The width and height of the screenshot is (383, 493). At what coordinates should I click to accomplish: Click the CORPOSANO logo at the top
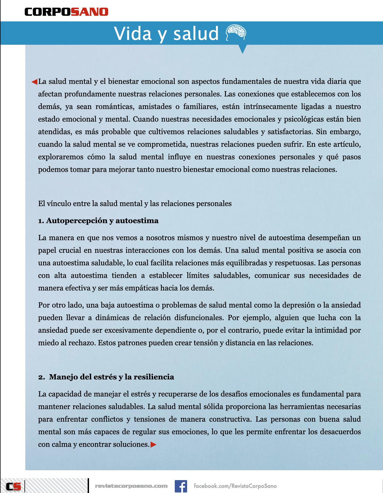coord(66,12)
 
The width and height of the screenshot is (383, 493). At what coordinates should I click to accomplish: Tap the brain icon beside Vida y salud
coord(235,33)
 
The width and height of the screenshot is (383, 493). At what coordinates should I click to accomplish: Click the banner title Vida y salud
coord(166,33)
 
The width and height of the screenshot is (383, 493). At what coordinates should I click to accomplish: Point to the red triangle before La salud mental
coord(34,82)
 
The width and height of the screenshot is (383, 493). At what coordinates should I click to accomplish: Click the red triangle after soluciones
coord(153,444)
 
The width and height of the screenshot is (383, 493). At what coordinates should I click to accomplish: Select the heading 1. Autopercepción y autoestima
coord(98,221)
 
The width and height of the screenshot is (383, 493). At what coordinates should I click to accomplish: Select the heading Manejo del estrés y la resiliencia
coord(111,377)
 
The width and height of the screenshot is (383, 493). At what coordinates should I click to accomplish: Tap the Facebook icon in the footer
coord(181,478)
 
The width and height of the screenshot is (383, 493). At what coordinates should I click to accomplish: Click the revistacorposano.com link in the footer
coord(131,478)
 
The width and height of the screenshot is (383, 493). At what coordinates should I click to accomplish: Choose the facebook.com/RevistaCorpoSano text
coord(235,478)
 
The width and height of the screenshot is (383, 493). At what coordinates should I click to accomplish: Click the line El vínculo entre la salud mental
coord(135,204)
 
